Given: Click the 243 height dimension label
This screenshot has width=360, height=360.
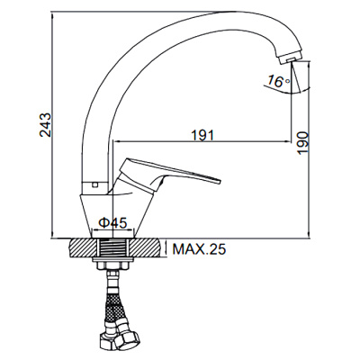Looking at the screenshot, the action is [46, 125].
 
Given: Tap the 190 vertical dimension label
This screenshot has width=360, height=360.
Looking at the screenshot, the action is [303, 143].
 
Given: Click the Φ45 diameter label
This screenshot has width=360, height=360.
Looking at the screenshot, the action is [113, 222].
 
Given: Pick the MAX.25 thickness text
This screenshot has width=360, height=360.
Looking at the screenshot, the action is [199, 248].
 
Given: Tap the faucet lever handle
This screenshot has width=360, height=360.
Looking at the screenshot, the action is [168, 174].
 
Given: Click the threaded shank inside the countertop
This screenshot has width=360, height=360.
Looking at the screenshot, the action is [113, 248].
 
